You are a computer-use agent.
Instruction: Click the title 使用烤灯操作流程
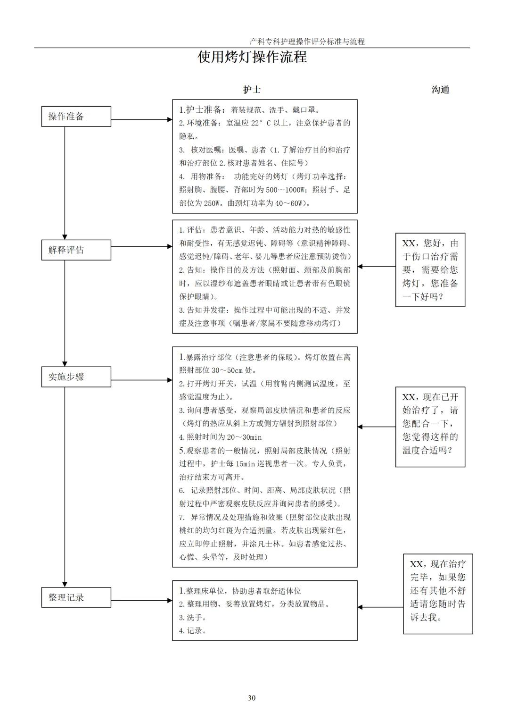(252, 57)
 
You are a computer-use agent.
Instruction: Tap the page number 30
(252, 698)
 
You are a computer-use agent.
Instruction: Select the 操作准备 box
(76, 116)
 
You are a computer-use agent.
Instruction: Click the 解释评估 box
(76, 250)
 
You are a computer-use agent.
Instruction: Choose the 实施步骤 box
(76, 377)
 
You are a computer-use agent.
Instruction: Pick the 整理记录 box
(76, 597)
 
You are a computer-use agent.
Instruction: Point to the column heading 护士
(252, 90)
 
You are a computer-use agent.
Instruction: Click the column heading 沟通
(440, 90)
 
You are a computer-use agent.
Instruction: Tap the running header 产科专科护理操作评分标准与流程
(307, 42)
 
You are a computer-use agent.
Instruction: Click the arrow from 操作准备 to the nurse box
(142, 119)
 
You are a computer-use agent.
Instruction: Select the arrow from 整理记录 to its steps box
(142, 600)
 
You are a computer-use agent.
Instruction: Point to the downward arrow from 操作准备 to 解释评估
(65, 183)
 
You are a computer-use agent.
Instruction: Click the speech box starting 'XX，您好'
(430, 270)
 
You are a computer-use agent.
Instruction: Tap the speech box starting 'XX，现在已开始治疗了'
(430, 427)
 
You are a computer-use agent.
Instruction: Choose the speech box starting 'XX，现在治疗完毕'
(438, 594)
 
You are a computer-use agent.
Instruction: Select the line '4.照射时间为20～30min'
(220, 437)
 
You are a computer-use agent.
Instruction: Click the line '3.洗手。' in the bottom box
(193, 617)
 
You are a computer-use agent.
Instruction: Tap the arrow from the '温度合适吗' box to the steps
(377, 427)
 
